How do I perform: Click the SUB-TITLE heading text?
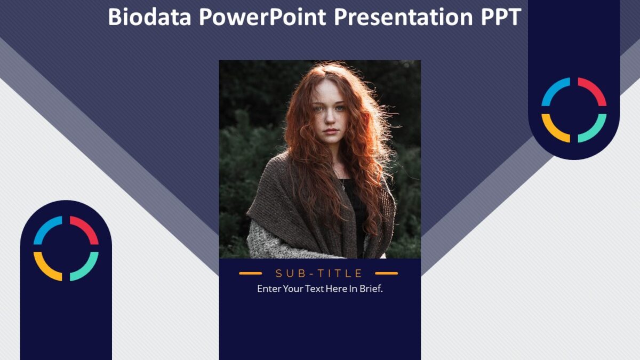point(319,274)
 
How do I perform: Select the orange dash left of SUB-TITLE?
point(250,274)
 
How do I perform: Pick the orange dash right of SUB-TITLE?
point(387,274)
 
